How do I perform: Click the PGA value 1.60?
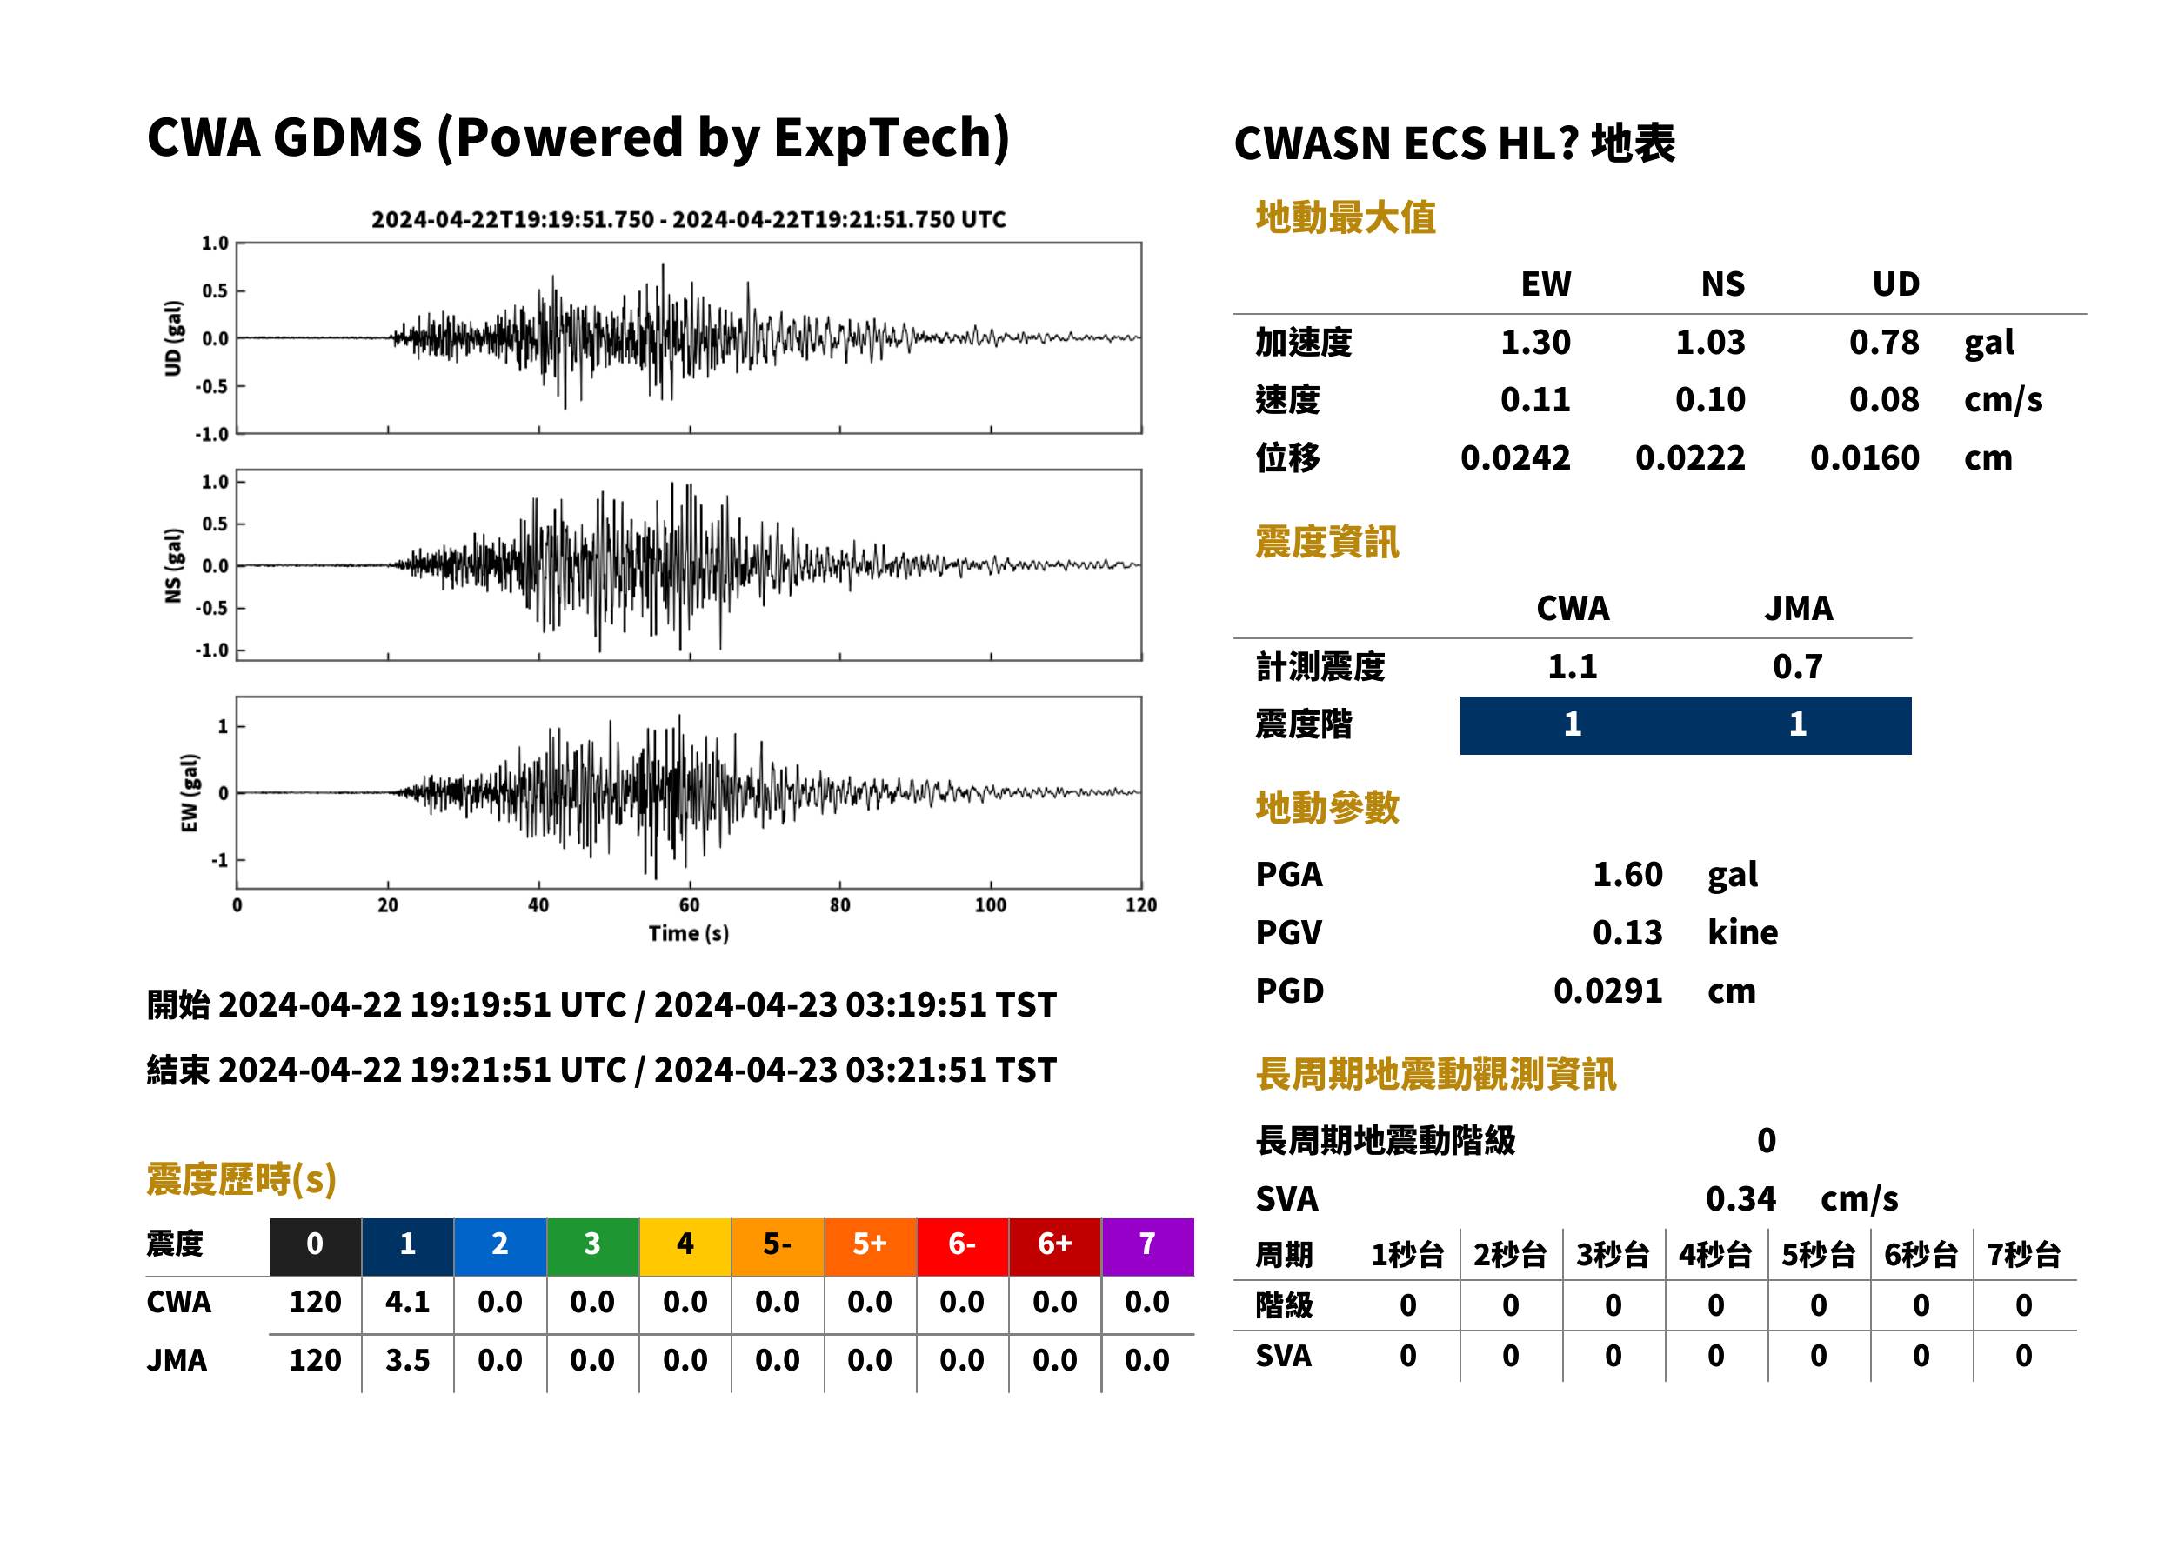(x=1627, y=874)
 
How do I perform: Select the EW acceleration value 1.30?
(x=1534, y=342)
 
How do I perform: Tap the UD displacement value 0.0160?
(x=1864, y=458)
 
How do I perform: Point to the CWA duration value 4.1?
(x=407, y=1302)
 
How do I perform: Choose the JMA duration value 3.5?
(x=407, y=1360)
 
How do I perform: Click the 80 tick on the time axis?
(x=840, y=905)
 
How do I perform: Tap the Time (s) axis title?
(x=689, y=934)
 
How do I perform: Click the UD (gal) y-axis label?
(x=173, y=337)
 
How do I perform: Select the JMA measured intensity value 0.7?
(x=1797, y=666)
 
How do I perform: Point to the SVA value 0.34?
(x=1740, y=1198)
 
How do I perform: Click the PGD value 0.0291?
(x=1607, y=991)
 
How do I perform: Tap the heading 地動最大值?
(x=1346, y=217)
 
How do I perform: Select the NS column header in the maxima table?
(x=1722, y=284)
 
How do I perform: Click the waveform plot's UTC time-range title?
(x=689, y=219)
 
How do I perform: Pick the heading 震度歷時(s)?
(x=241, y=1179)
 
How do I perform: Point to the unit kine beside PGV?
(x=1742, y=933)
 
